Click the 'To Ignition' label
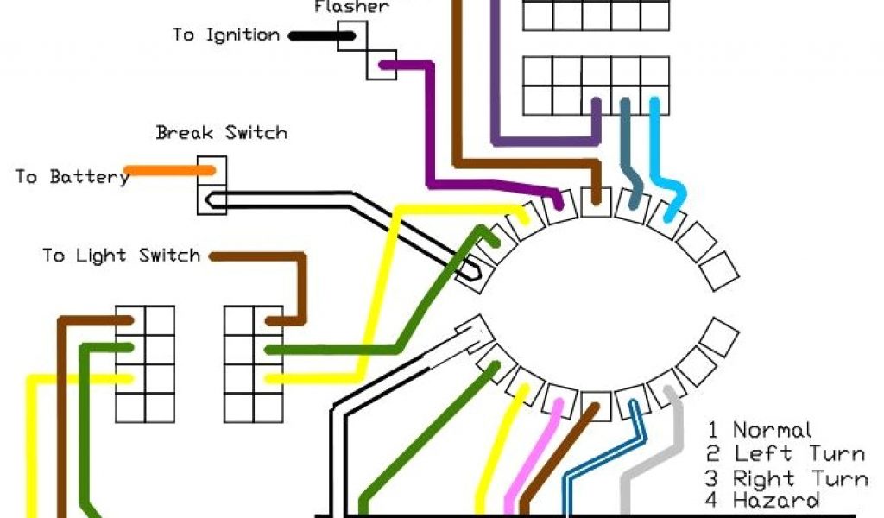pyautogui.click(x=225, y=35)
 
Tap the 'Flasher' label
pyautogui.click(x=351, y=8)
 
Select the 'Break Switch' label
pyautogui.click(x=221, y=133)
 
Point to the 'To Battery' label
pyautogui.click(x=72, y=177)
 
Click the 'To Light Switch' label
pyautogui.click(x=122, y=256)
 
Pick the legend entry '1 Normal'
pyautogui.click(x=760, y=430)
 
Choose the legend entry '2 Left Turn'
pyautogui.click(x=786, y=454)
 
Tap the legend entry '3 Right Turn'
pyautogui.click(x=786, y=478)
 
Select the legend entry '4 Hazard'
pyautogui.click(x=763, y=501)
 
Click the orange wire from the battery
pyautogui.click(x=168, y=170)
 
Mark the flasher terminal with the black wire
pyautogui.click(x=352, y=36)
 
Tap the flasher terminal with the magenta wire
pyautogui.click(x=382, y=64)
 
